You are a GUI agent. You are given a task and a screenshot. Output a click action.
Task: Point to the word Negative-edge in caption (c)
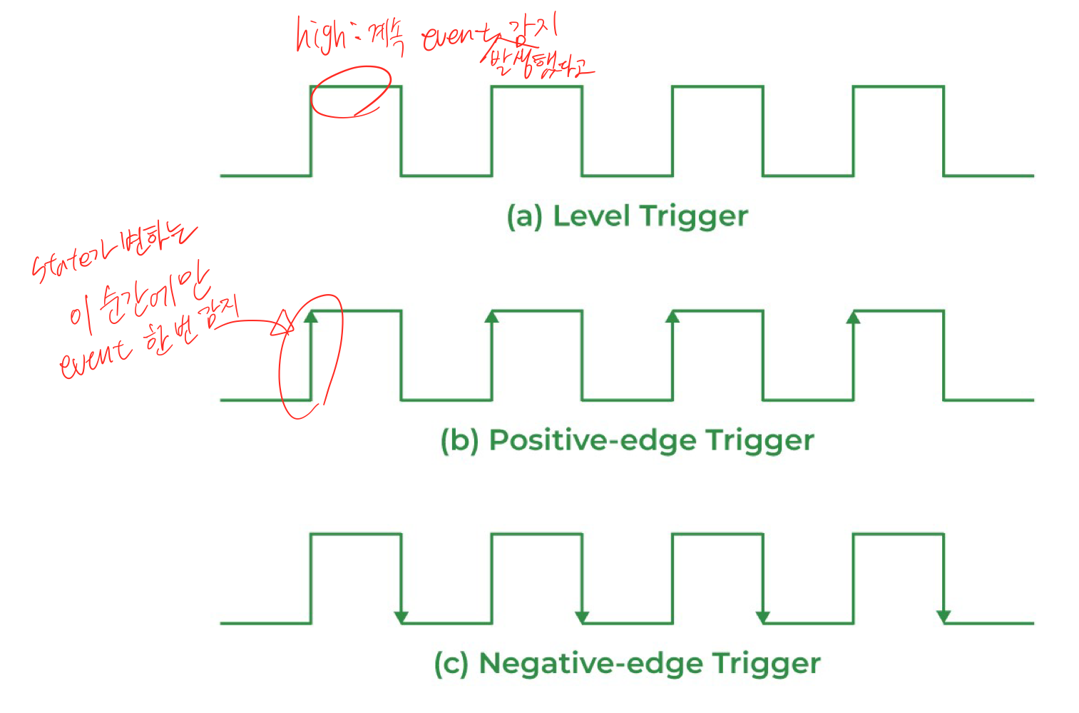click(590, 664)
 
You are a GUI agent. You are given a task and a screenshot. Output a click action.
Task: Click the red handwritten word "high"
click(319, 36)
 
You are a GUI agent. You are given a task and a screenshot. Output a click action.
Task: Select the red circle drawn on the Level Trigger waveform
click(351, 91)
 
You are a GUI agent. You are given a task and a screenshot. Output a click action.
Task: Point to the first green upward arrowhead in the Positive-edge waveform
click(311, 316)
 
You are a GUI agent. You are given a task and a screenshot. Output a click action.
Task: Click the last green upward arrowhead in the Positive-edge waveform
click(854, 316)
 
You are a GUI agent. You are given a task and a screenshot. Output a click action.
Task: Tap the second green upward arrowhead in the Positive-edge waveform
click(492, 316)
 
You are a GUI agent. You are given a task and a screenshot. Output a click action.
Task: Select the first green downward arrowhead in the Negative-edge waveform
click(402, 617)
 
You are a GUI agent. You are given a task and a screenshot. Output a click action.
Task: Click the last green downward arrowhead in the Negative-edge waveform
click(944, 617)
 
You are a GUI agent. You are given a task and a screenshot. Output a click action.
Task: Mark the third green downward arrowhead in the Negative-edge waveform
click(763, 617)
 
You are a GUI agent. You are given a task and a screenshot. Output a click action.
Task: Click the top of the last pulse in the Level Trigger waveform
click(899, 87)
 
